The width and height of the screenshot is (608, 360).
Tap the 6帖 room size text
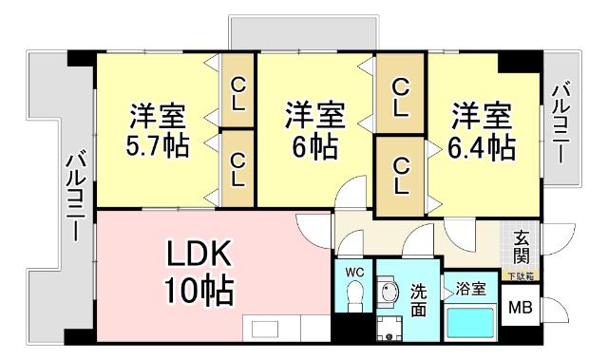pyautogui.click(x=313, y=148)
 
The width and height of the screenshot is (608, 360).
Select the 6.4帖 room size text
pyautogui.click(x=483, y=148)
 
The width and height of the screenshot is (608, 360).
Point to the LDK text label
pyautogui.click(x=199, y=255)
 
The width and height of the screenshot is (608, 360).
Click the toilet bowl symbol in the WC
pyautogui.click(x=354, y=299)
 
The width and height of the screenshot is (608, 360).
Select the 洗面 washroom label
pyautogui.click(x=419, y=299)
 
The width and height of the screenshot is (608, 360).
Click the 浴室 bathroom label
pyautogui.click(x=470, y=288)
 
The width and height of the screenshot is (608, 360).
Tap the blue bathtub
pyautogui.click(x=470, y=323)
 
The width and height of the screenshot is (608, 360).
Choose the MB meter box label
pyautogui.click(x=520, y=308)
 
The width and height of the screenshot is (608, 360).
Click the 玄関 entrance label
pyautogui.click(x=522, y=248)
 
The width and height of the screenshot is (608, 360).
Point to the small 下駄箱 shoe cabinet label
pyautogui.click(x=520, y=275)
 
